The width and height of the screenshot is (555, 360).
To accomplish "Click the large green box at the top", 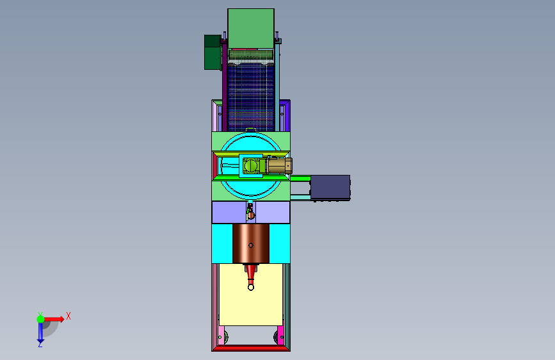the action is click(x=250, y=28).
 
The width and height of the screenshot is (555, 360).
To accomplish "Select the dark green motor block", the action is click(x=213, y=52).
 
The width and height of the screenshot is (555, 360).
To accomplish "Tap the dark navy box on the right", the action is click(x=330, y=188).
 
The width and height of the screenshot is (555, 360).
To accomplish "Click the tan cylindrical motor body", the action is click(x=280, y=166).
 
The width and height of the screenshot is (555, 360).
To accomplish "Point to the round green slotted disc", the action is click(x=250, y=165).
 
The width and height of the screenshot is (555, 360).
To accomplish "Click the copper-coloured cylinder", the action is click(x=250, y=243).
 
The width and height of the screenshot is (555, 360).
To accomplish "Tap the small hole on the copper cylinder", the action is click(x=250, y=245).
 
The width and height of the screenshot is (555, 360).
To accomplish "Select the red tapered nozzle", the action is click(x=250, y=272).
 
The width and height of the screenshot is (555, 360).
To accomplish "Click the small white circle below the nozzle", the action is click(x=250, y=288).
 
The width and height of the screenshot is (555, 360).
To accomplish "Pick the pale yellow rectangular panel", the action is click(x=251, y=295).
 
